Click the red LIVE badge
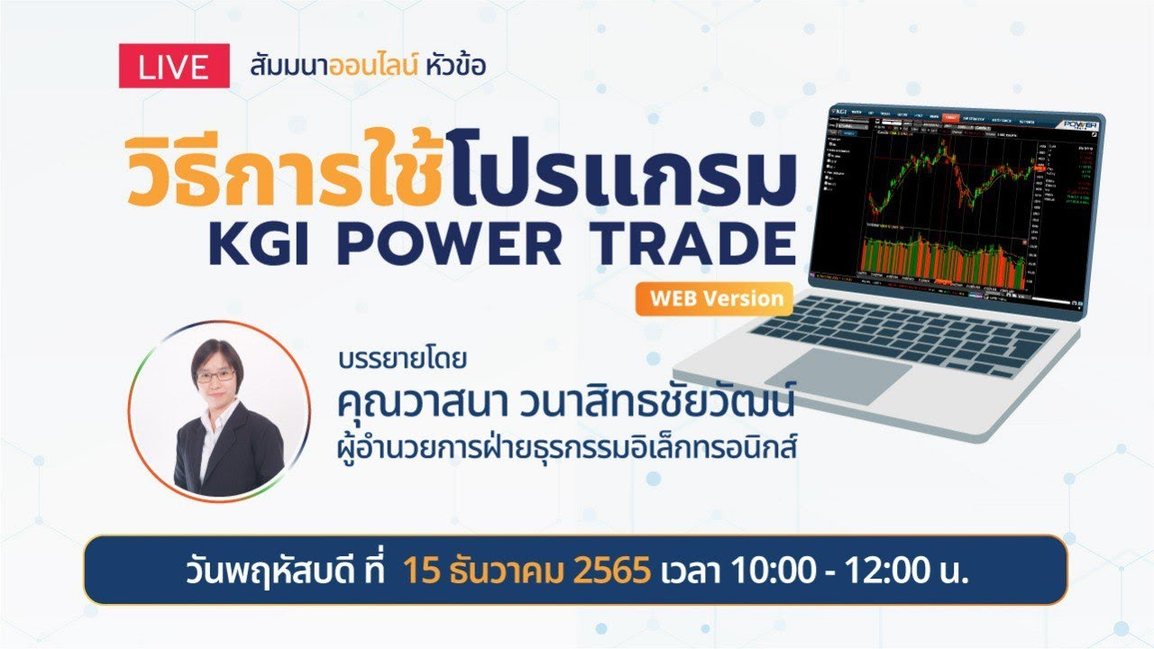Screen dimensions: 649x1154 tap(174, 67)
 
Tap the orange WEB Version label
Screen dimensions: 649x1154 tap(713, 299)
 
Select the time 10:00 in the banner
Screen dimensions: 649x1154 tap(764, 571)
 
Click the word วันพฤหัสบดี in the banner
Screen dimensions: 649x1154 tap(258, 571)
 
